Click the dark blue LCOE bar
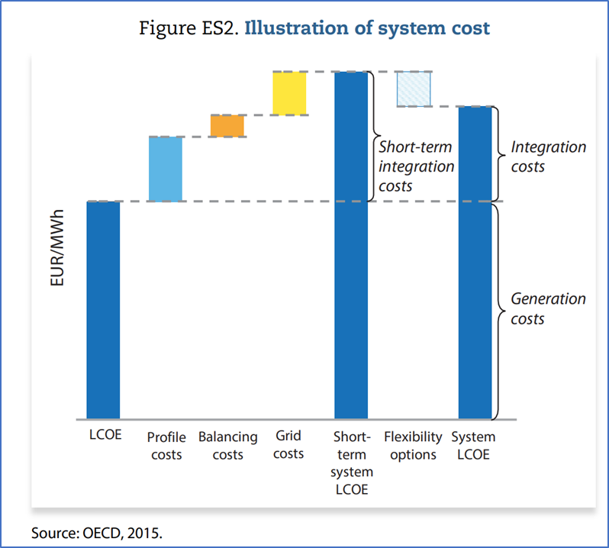[103, 310]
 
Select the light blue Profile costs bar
[165, 169]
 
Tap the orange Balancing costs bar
[227, 125]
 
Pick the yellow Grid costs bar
[289, 93]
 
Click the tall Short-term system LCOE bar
[351, 244]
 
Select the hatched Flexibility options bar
[414, 89]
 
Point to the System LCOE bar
[475, 263]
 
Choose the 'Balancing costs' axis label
[227, 446]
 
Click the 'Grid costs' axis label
[288, 444]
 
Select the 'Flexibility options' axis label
[413, 446]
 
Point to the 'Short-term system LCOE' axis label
[351, 463]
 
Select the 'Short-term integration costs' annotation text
[417, 166]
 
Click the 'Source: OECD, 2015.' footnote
[97, 533]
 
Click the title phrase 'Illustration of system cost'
[368, 29]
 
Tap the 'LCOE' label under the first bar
[103, 437]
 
